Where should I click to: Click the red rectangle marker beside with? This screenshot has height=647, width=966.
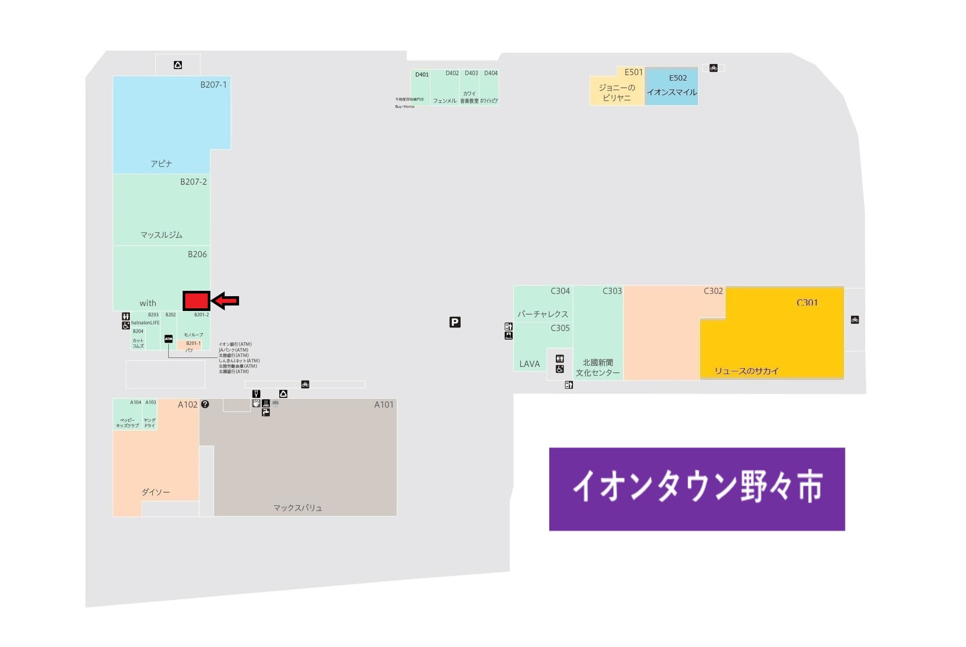(x=196, y=301)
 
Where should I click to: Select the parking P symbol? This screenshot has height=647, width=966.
(x=455, y=322)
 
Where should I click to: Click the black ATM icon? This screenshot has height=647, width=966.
(x=168, y=339)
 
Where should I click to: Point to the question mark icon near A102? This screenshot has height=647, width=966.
(x=205, y=404)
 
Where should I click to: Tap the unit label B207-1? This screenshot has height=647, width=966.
(x=213, y=85)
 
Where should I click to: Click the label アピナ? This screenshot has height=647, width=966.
(x=161, y=164)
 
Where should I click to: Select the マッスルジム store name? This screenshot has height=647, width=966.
(x=161, y=235)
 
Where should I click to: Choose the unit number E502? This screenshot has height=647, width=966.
(x=678, y=78)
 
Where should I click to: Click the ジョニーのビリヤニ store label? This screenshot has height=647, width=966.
(x=617, y=93)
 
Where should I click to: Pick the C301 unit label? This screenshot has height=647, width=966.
(x=807, y=302)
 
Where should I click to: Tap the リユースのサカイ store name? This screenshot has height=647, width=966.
(x=746, y=371)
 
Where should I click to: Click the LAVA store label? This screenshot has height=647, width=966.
(x=530, y=364)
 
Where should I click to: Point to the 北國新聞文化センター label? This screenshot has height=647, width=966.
(x=598, y=367)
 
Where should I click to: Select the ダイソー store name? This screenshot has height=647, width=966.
(x=156, y=492)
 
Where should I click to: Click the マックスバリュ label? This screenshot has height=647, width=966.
(x=298, y=508)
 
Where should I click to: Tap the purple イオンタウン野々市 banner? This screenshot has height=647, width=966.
(x=697, y=489)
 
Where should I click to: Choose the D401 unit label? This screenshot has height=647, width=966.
(x=422, y=75)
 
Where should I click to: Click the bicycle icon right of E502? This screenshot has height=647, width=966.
(x=713, y=68)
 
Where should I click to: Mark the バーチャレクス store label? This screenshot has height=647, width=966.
(x=543, y=314)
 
